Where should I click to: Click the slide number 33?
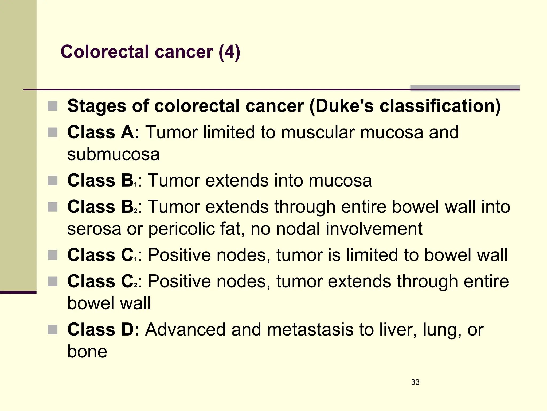(x=415, y=382)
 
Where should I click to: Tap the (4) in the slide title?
(x=229, y=52)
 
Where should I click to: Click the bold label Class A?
(x=103, y=132)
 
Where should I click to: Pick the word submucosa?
(x=114, y=154)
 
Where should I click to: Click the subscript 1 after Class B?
(x=136, y=185)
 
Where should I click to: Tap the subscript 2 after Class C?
(x=136, y=286)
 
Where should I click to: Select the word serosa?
(x=94, y=229)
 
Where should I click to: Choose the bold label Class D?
(x=103, y=329)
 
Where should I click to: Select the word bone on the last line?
(x=87, y=351)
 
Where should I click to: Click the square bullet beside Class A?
(x=53, y=132)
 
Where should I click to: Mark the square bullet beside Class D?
(x=53, y=330)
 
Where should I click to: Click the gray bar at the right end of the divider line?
(x=465, y=88)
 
